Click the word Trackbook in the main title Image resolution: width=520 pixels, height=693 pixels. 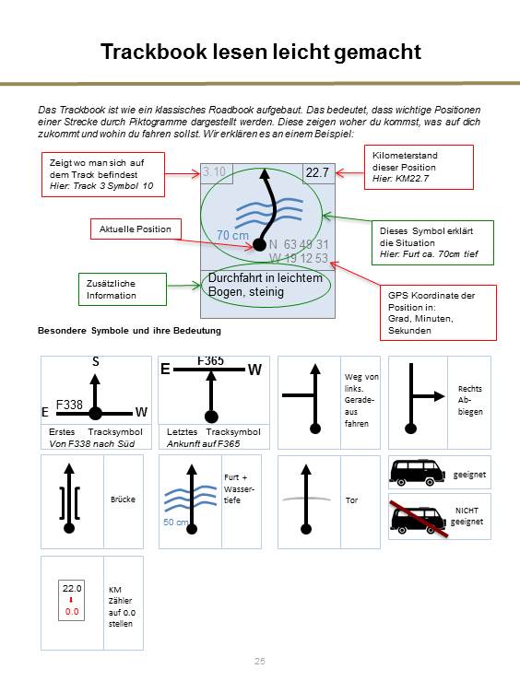154,52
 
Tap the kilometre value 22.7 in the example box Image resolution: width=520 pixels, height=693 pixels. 317,172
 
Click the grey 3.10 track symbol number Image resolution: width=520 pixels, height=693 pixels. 214,171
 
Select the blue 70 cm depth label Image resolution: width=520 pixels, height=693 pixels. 232,236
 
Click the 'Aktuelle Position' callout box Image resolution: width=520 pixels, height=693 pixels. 136,229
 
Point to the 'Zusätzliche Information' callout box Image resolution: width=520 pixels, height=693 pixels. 123,289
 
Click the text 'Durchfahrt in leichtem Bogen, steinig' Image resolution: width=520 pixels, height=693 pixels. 266,285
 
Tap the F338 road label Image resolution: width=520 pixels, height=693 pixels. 69,405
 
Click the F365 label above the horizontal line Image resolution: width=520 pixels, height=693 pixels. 210,361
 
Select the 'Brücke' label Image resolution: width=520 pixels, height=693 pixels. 123,499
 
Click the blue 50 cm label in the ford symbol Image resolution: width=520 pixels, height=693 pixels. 175,522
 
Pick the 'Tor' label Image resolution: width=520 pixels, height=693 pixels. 351,500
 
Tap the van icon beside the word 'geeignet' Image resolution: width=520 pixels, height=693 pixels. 417,473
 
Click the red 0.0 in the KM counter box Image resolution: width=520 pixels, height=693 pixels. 72,612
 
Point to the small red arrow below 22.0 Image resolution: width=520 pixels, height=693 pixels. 71,600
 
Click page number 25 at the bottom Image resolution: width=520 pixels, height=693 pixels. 260,661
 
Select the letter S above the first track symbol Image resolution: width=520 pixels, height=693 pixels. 96,362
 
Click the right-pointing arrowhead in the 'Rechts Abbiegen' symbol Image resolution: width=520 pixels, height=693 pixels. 439,396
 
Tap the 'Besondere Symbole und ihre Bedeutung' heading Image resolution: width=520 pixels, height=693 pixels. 129,331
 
